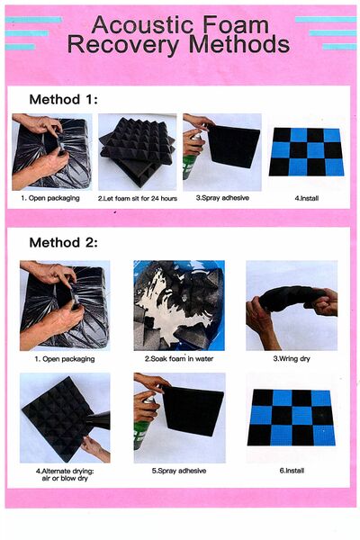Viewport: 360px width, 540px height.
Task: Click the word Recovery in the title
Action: coord(123,45)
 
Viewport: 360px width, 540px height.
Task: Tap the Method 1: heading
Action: coord(63,100)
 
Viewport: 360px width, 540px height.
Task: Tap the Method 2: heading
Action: coord(63,242)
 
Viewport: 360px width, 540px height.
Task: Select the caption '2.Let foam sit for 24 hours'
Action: coord(138,198)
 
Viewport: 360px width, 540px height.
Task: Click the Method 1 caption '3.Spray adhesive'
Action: coord(222,198)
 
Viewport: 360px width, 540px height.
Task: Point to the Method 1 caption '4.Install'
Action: coord(307,198)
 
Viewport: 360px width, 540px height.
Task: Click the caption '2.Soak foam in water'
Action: coord(179,358)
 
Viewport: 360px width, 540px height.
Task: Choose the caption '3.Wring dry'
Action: coord(292,358)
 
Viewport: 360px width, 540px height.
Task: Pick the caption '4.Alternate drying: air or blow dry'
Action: coord(65,474)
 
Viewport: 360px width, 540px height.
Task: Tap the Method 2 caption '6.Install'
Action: coord(292,471)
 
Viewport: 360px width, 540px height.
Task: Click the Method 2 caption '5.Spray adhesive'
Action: coord(179,471)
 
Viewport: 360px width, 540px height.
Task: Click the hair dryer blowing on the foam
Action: coord(98,420)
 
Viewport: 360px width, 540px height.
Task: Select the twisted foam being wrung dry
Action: coord(291,298)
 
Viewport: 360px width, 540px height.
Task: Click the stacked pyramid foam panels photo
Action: coord(137,152)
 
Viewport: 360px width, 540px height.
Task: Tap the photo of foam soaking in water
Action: coord(179,305)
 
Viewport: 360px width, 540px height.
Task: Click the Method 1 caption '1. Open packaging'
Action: coord(50,198)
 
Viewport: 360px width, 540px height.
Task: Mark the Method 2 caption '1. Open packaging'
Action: coord(65,359)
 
